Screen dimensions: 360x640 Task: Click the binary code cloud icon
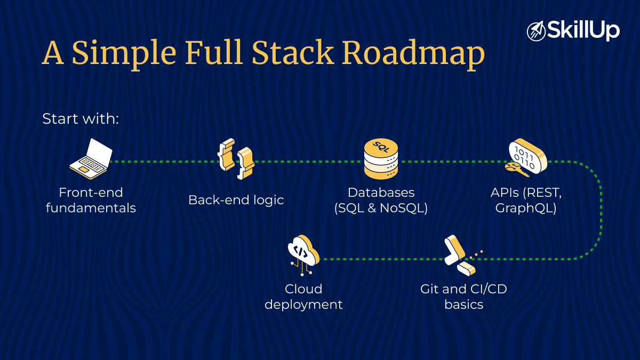[x=526, y=158]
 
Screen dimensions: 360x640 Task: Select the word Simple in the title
[x=124, y=53]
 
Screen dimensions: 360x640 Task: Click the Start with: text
[x=80, y=118]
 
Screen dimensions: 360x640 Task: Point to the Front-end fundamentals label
[x=91, y=200]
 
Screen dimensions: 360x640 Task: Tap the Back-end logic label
[x=236, y=200]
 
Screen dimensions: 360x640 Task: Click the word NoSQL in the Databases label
[x=401, y=208]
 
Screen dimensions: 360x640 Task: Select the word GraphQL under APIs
[x=526, y=208]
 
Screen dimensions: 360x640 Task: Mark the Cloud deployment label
[x=303, y=297]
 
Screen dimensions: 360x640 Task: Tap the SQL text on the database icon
[x=381, y=145]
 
